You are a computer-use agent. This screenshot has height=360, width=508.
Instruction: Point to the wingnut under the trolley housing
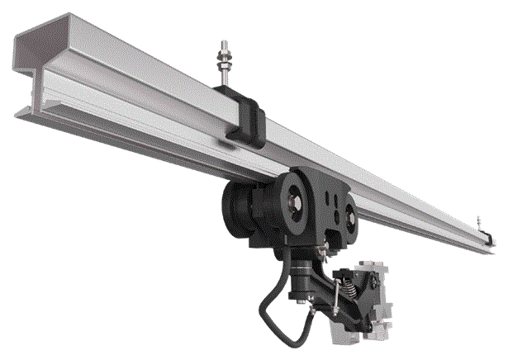330,245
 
